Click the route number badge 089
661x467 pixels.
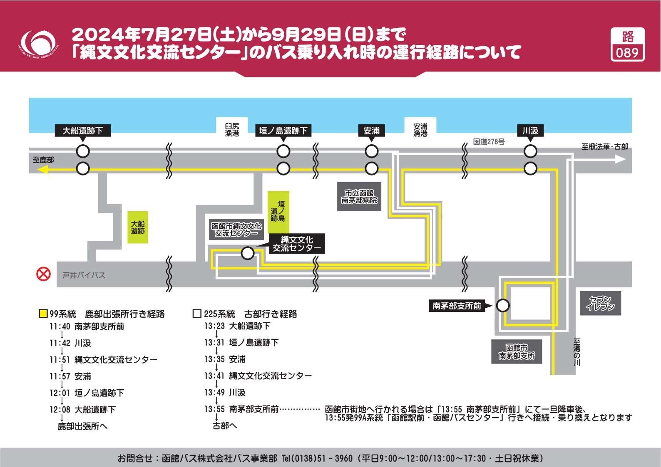[x=627, y=44]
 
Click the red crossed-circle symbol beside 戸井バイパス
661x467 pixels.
[x=44, y=274]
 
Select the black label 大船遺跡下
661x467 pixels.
[x=82, y=131]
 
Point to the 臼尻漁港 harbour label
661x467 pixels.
[x=232, y=129]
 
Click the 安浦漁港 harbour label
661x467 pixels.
[x=420, y=129]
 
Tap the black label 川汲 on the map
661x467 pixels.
[x=530, y=131]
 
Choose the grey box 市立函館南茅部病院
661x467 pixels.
[x=359, y=197]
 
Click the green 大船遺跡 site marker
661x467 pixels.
[x=138, y=227]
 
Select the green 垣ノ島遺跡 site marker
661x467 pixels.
[x=278, y=211]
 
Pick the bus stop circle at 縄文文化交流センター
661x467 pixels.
[x=248, y=253]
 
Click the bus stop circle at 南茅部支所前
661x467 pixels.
[x=503, y=306]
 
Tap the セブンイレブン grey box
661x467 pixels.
[x=600, y=303]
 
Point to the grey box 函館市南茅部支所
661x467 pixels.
[x=517, y=352]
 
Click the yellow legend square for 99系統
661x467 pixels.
[x=43, y=314]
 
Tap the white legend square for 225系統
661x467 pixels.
[x=197, y=314]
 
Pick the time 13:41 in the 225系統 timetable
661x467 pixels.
[x=214, y=376]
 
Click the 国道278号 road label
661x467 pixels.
[x=489, y=142]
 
